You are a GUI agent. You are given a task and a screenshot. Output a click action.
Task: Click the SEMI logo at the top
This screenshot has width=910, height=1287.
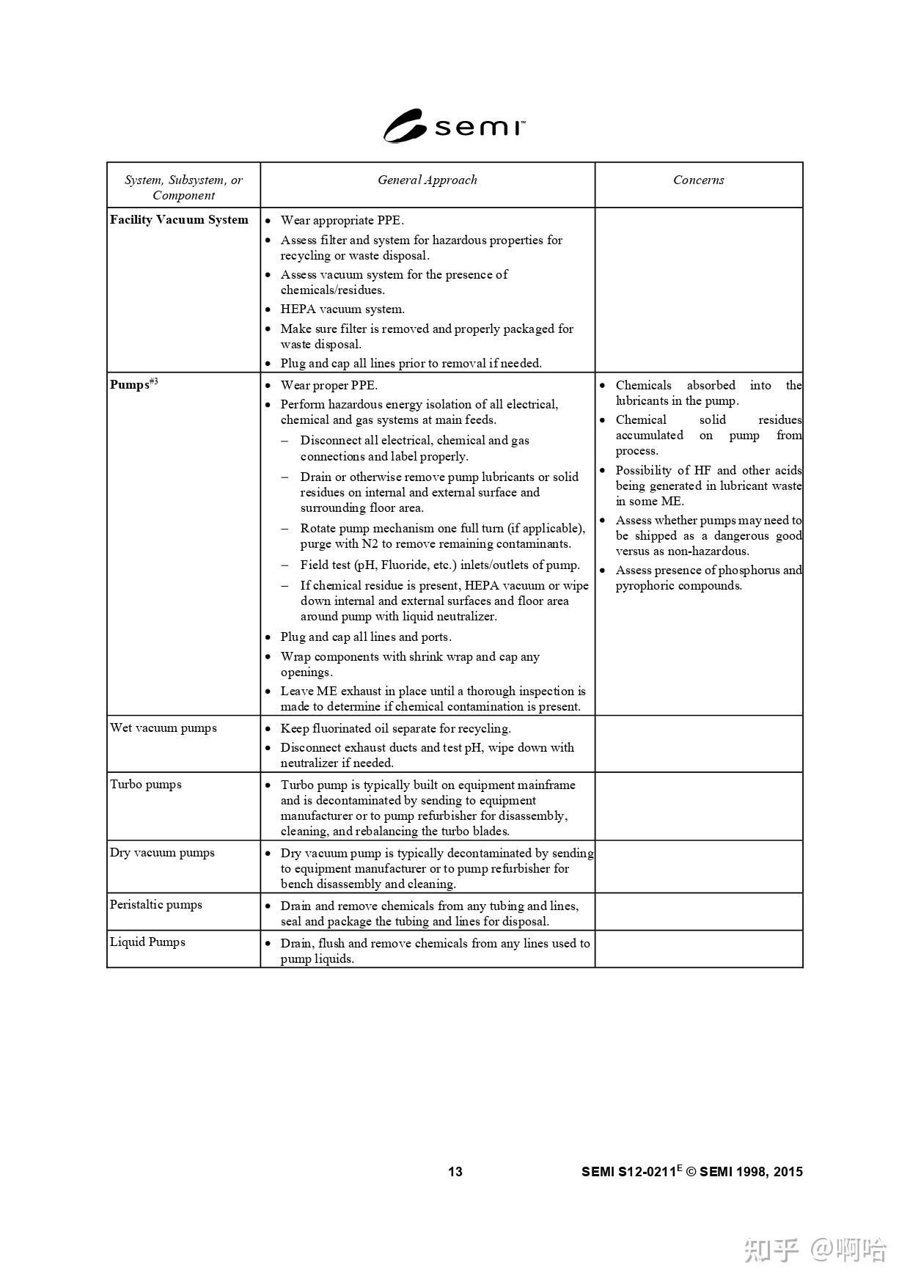454,126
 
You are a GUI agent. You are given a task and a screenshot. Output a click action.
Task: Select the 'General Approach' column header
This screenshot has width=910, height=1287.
427,180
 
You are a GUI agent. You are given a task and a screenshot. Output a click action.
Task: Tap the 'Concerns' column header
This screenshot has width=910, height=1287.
698,180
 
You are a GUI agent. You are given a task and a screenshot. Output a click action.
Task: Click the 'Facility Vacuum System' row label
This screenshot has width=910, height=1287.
179,219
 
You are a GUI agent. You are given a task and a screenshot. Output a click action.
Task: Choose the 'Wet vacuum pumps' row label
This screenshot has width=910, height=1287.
163,727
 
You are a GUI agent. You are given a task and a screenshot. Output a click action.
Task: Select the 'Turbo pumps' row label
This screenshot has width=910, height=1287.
145,784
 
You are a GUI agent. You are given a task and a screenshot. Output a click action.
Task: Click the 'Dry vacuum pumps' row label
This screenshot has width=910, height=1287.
162,852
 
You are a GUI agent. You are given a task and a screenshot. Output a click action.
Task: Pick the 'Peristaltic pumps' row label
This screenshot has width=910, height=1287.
155,904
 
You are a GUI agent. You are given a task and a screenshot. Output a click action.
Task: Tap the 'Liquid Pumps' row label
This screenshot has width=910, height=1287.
147,942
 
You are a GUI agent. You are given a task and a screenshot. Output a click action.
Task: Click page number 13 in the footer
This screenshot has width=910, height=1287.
455,1171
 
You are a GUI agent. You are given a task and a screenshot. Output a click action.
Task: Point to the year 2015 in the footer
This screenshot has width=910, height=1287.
788,1171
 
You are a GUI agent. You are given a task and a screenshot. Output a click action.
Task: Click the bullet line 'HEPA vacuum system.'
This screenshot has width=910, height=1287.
342,309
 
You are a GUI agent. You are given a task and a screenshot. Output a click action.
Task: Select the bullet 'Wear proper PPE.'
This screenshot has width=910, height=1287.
329,385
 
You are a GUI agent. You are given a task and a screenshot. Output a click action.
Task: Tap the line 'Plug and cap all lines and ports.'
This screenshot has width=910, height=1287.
366,637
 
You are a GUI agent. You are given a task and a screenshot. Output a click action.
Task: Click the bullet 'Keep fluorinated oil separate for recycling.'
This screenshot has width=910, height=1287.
395,728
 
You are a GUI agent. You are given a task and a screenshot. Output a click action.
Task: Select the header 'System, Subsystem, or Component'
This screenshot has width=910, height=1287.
183,187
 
